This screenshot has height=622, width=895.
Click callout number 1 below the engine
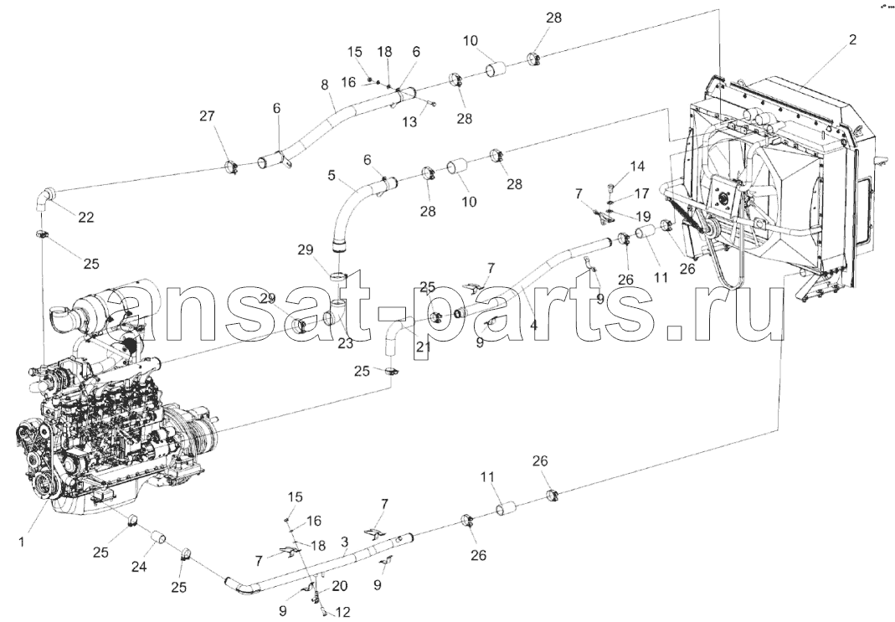[x=22, y=542]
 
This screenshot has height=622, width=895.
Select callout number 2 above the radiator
[x=852, y=39]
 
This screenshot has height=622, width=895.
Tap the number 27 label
[x=207, y=116]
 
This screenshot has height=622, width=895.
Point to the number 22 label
[x=86, y=218]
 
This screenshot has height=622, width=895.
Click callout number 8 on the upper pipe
[x=325, y=85]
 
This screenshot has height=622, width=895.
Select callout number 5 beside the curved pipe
[x=332, y=175]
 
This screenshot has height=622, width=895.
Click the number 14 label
[x=637, y=166]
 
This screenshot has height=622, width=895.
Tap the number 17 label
[x=641, y=193]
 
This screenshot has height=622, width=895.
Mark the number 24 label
[x=139, y=567]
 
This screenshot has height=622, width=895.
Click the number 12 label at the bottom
[x=343, y=612]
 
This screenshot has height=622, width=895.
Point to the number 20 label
[x=340, y=587]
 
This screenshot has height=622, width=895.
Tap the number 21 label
[x=423, y=347]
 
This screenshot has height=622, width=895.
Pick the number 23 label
[x=345, y=343]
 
